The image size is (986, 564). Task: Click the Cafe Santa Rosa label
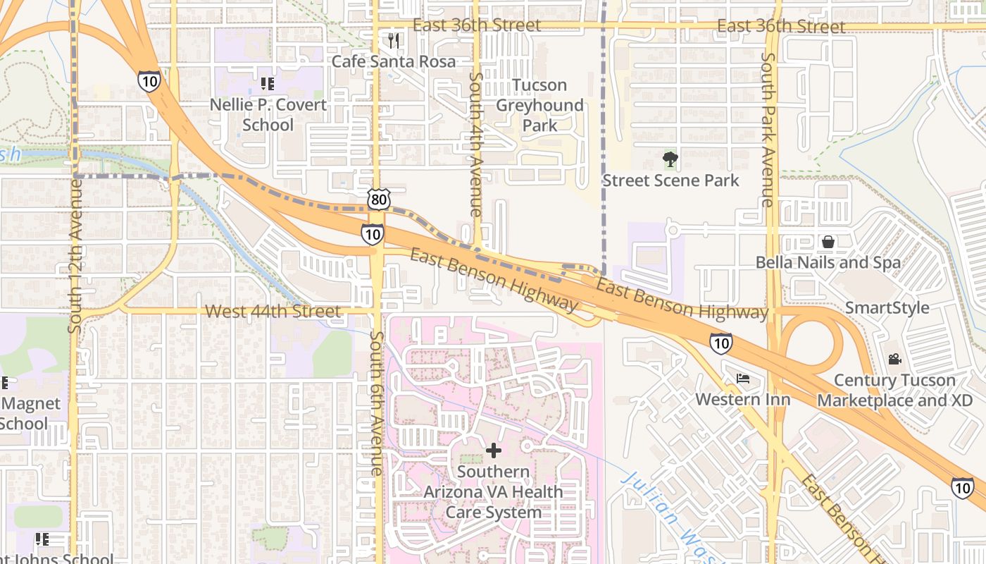(x=394, y=61)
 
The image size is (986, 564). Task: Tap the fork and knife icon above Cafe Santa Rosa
(x=394, y=41)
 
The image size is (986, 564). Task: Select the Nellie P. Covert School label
(x=268, y=115)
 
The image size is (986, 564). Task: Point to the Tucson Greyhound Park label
(x=539, y=105)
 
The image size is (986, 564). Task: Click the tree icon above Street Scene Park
(x=670, y=159)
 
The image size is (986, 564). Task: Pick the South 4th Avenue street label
(x=476, y=145)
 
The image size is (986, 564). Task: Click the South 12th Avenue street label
(x=75, y=255)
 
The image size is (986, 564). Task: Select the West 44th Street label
(x=273, y=311)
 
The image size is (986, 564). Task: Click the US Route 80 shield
(x=378, y=200)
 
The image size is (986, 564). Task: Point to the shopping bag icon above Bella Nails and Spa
(x=828, y=242)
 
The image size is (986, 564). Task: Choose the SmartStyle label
(x=887, y=308)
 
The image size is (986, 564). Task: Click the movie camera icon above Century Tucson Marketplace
(x=894, y=360)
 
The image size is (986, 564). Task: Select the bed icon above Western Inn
(x=743, y=379)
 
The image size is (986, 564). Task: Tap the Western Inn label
(x=743, y=399)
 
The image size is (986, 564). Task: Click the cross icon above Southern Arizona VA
(x=494, y=450)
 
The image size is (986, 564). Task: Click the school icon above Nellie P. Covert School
(x=268, y=84)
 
